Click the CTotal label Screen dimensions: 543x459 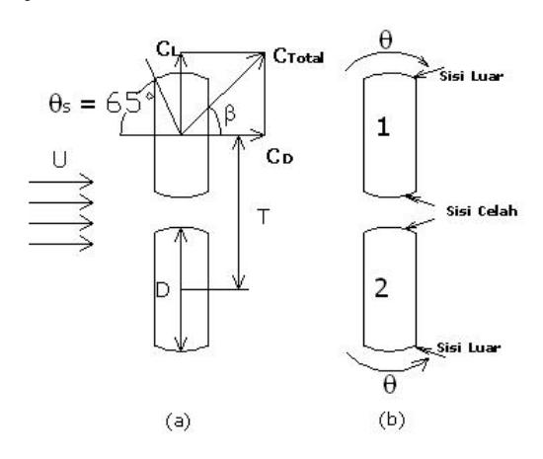pos(298,56)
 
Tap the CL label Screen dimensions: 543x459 pos(169,48)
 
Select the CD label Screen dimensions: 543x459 pos(279,157)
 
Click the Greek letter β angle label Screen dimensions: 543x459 pos(230,115)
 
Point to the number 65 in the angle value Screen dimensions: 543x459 pos(123,103)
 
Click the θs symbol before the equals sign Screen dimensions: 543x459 pos(60,104)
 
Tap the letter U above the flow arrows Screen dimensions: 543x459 pos(60,159)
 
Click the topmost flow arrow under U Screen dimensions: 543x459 pos(61,182)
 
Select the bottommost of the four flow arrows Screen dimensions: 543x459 pos(61,245)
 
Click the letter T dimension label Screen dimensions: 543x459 pos(264,216)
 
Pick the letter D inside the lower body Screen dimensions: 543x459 pos(163,290)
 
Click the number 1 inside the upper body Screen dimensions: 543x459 pos(383,126)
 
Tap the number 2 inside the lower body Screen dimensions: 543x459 pos(382,288)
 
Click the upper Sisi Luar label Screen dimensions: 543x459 pos(471,76)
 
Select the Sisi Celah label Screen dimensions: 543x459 pos(482,211)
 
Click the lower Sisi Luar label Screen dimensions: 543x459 pos(469,347)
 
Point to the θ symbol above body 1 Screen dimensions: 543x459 pos(386,40)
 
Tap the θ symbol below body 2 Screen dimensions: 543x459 pos(390,385)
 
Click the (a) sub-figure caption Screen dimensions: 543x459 pos(179,421)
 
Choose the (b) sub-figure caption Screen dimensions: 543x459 pos(392,420)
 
